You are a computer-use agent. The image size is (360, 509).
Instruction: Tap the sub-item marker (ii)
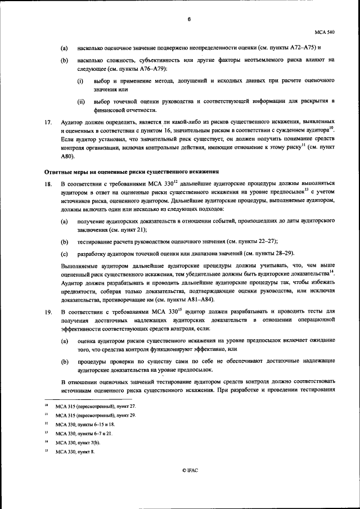81,101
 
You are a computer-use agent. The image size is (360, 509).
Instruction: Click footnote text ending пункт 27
96,406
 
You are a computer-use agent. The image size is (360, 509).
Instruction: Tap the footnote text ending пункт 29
96,415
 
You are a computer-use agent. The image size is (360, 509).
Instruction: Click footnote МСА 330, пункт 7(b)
78,443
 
